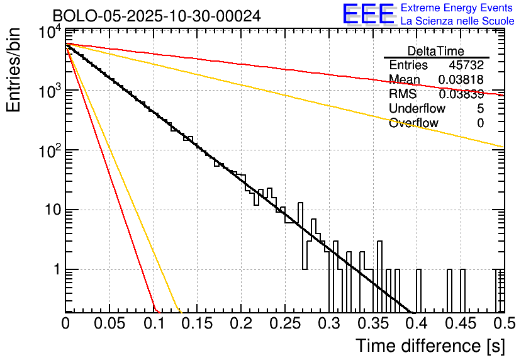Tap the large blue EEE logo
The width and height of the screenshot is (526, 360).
pyautogui.click(x=369, y=14)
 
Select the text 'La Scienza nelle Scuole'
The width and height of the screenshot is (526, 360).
pyautogui.click(x=457, y=21)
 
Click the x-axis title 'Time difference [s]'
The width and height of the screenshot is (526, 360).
pyautogui.click(x=429, y=346)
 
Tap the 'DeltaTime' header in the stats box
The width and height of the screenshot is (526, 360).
pyautogui.click(x=436, y=51)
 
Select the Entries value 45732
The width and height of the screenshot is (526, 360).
pyautogui.click(x=466, y=65)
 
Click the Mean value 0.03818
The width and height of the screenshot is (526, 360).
pyautogui.click(x=461, y=80)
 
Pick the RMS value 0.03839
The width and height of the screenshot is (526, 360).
pyautogui.click(x=461, y=94)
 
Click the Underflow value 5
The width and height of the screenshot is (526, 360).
pyautogui.click(x=480, y=108)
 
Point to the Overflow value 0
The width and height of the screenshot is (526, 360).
pyautogui.click(x=480, y=123)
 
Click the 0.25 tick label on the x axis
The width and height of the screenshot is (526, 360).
pyautogui.click(x=284, y=323)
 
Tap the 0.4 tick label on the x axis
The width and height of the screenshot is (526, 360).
pyautogui.click(x=415, y=323)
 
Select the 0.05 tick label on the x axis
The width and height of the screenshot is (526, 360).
pyautogui.click(x=109, y=323)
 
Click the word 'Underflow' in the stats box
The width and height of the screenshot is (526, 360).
pyautogui.click(x=417, y=108)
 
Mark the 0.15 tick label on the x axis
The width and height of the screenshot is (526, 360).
pyautogui.click(x=197, y=323)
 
